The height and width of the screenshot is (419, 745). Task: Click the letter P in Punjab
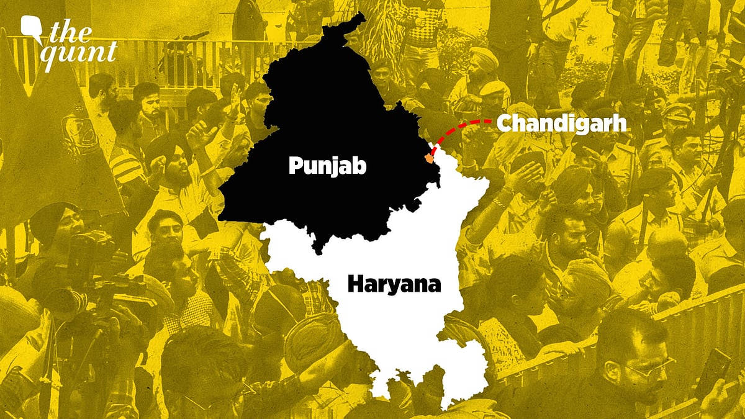[x=296, y=166]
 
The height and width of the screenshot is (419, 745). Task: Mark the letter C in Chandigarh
[x=505, y=124]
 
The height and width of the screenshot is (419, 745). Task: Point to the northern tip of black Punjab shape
[x=357, y=17]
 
